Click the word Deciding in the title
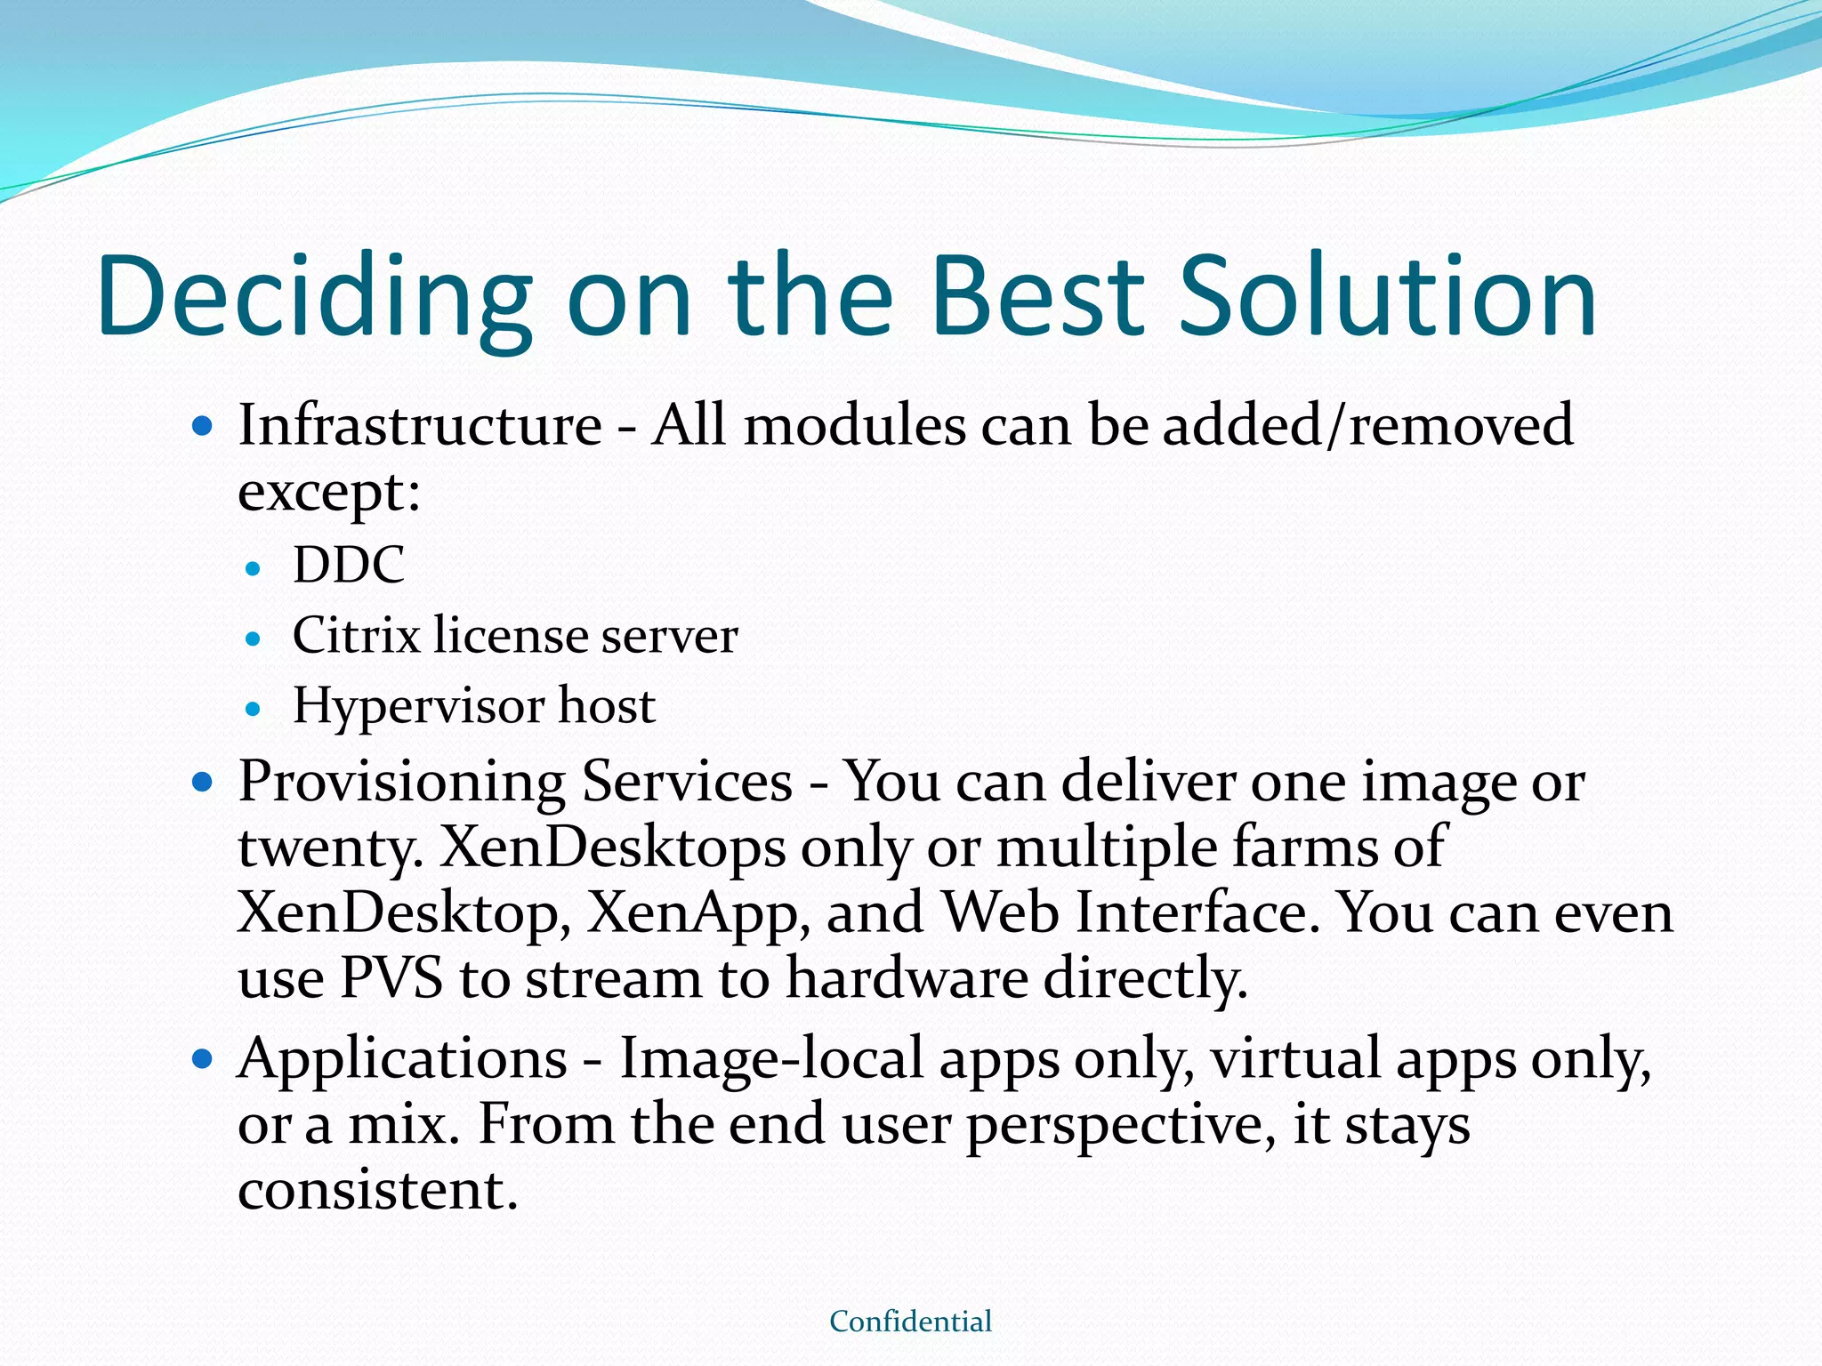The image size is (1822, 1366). pyautogui.click(x=316, y=298)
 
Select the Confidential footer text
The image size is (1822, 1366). pyautogui.click(x=910, y=1322)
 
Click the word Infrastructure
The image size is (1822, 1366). pyautogui.click(x=420, y=425)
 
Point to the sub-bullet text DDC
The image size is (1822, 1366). pyautogui.click(x=349, y=565)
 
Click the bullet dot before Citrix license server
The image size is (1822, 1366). pyautogui.click(x=254, y=639)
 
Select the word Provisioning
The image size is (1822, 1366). pyautogui.click(x=401, y=783)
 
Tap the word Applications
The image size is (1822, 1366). pyautogui.click(x=402, y=1060)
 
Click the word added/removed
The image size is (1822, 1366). pyautogui.click(x=1368, y=425)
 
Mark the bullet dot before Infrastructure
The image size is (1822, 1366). pyautogui.click(x=204, y=427)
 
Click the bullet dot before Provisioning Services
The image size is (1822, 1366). pyautogui.click(x=204, y=783)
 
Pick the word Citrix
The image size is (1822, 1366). pyautogui.click(x=356, y=636)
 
